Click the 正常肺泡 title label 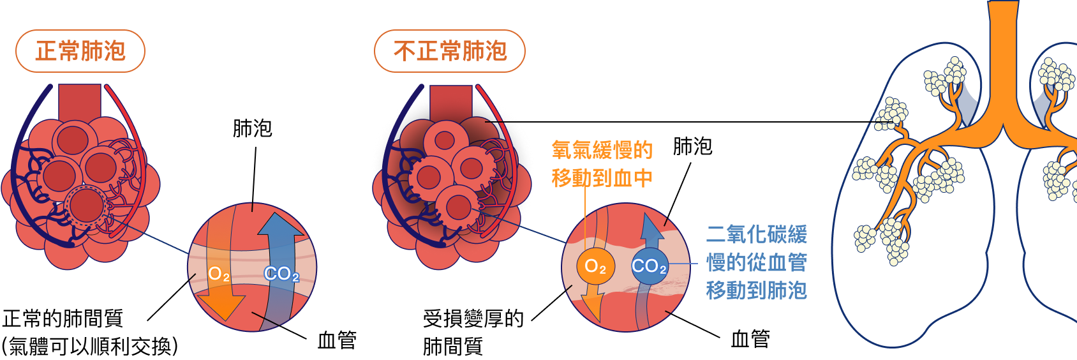click(80, 51)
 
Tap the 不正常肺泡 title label click(450, 51)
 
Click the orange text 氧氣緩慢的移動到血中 click(602, 164)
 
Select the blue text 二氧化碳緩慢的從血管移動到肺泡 click(757, 262)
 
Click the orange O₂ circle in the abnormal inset click(595, 266)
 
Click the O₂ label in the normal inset click(219, 275)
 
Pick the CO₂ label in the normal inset click(281, 274)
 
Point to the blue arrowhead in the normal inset click(281, 224)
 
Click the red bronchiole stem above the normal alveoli click(80, 101)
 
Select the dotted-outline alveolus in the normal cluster click(87, 206)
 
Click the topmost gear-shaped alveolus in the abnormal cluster click(444, 140)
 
